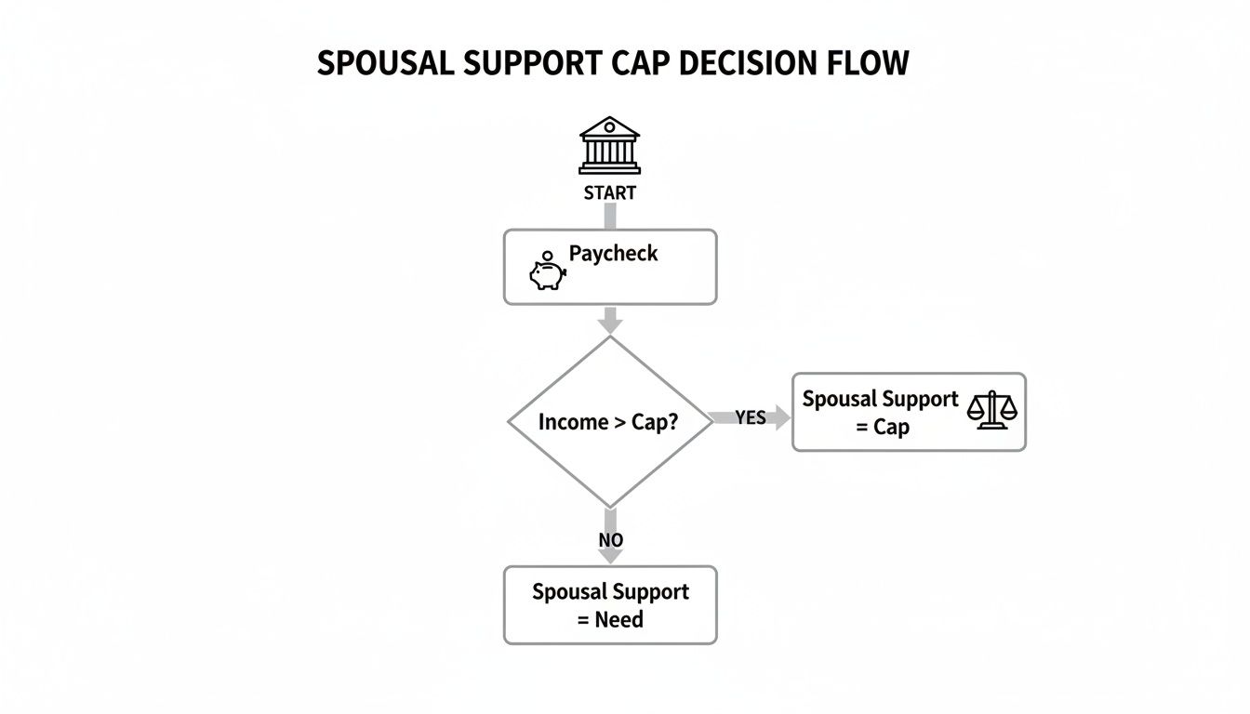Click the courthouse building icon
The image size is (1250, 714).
[x=609, y=145]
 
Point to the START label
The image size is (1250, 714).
[x=609, y=193]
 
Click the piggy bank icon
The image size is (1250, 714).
[x=548, y=273]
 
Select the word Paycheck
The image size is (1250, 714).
[x=613, y=254]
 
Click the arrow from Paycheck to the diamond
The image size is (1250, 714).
[x=609, y=321]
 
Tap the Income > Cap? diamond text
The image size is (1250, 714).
[x=608, y=421]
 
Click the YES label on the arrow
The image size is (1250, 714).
[x=750, y=418]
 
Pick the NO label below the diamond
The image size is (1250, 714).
[x=610, y=540]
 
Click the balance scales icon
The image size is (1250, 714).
[x=992, y=409]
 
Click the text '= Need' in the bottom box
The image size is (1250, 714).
[x=610, y=619]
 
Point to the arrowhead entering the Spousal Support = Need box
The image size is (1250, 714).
[x=609, y=555]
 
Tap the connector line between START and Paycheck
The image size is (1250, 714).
[x=609, y=217]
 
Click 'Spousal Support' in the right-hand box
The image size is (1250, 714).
[x=879, y=399]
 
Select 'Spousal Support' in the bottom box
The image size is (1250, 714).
[x=610, y=592]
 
